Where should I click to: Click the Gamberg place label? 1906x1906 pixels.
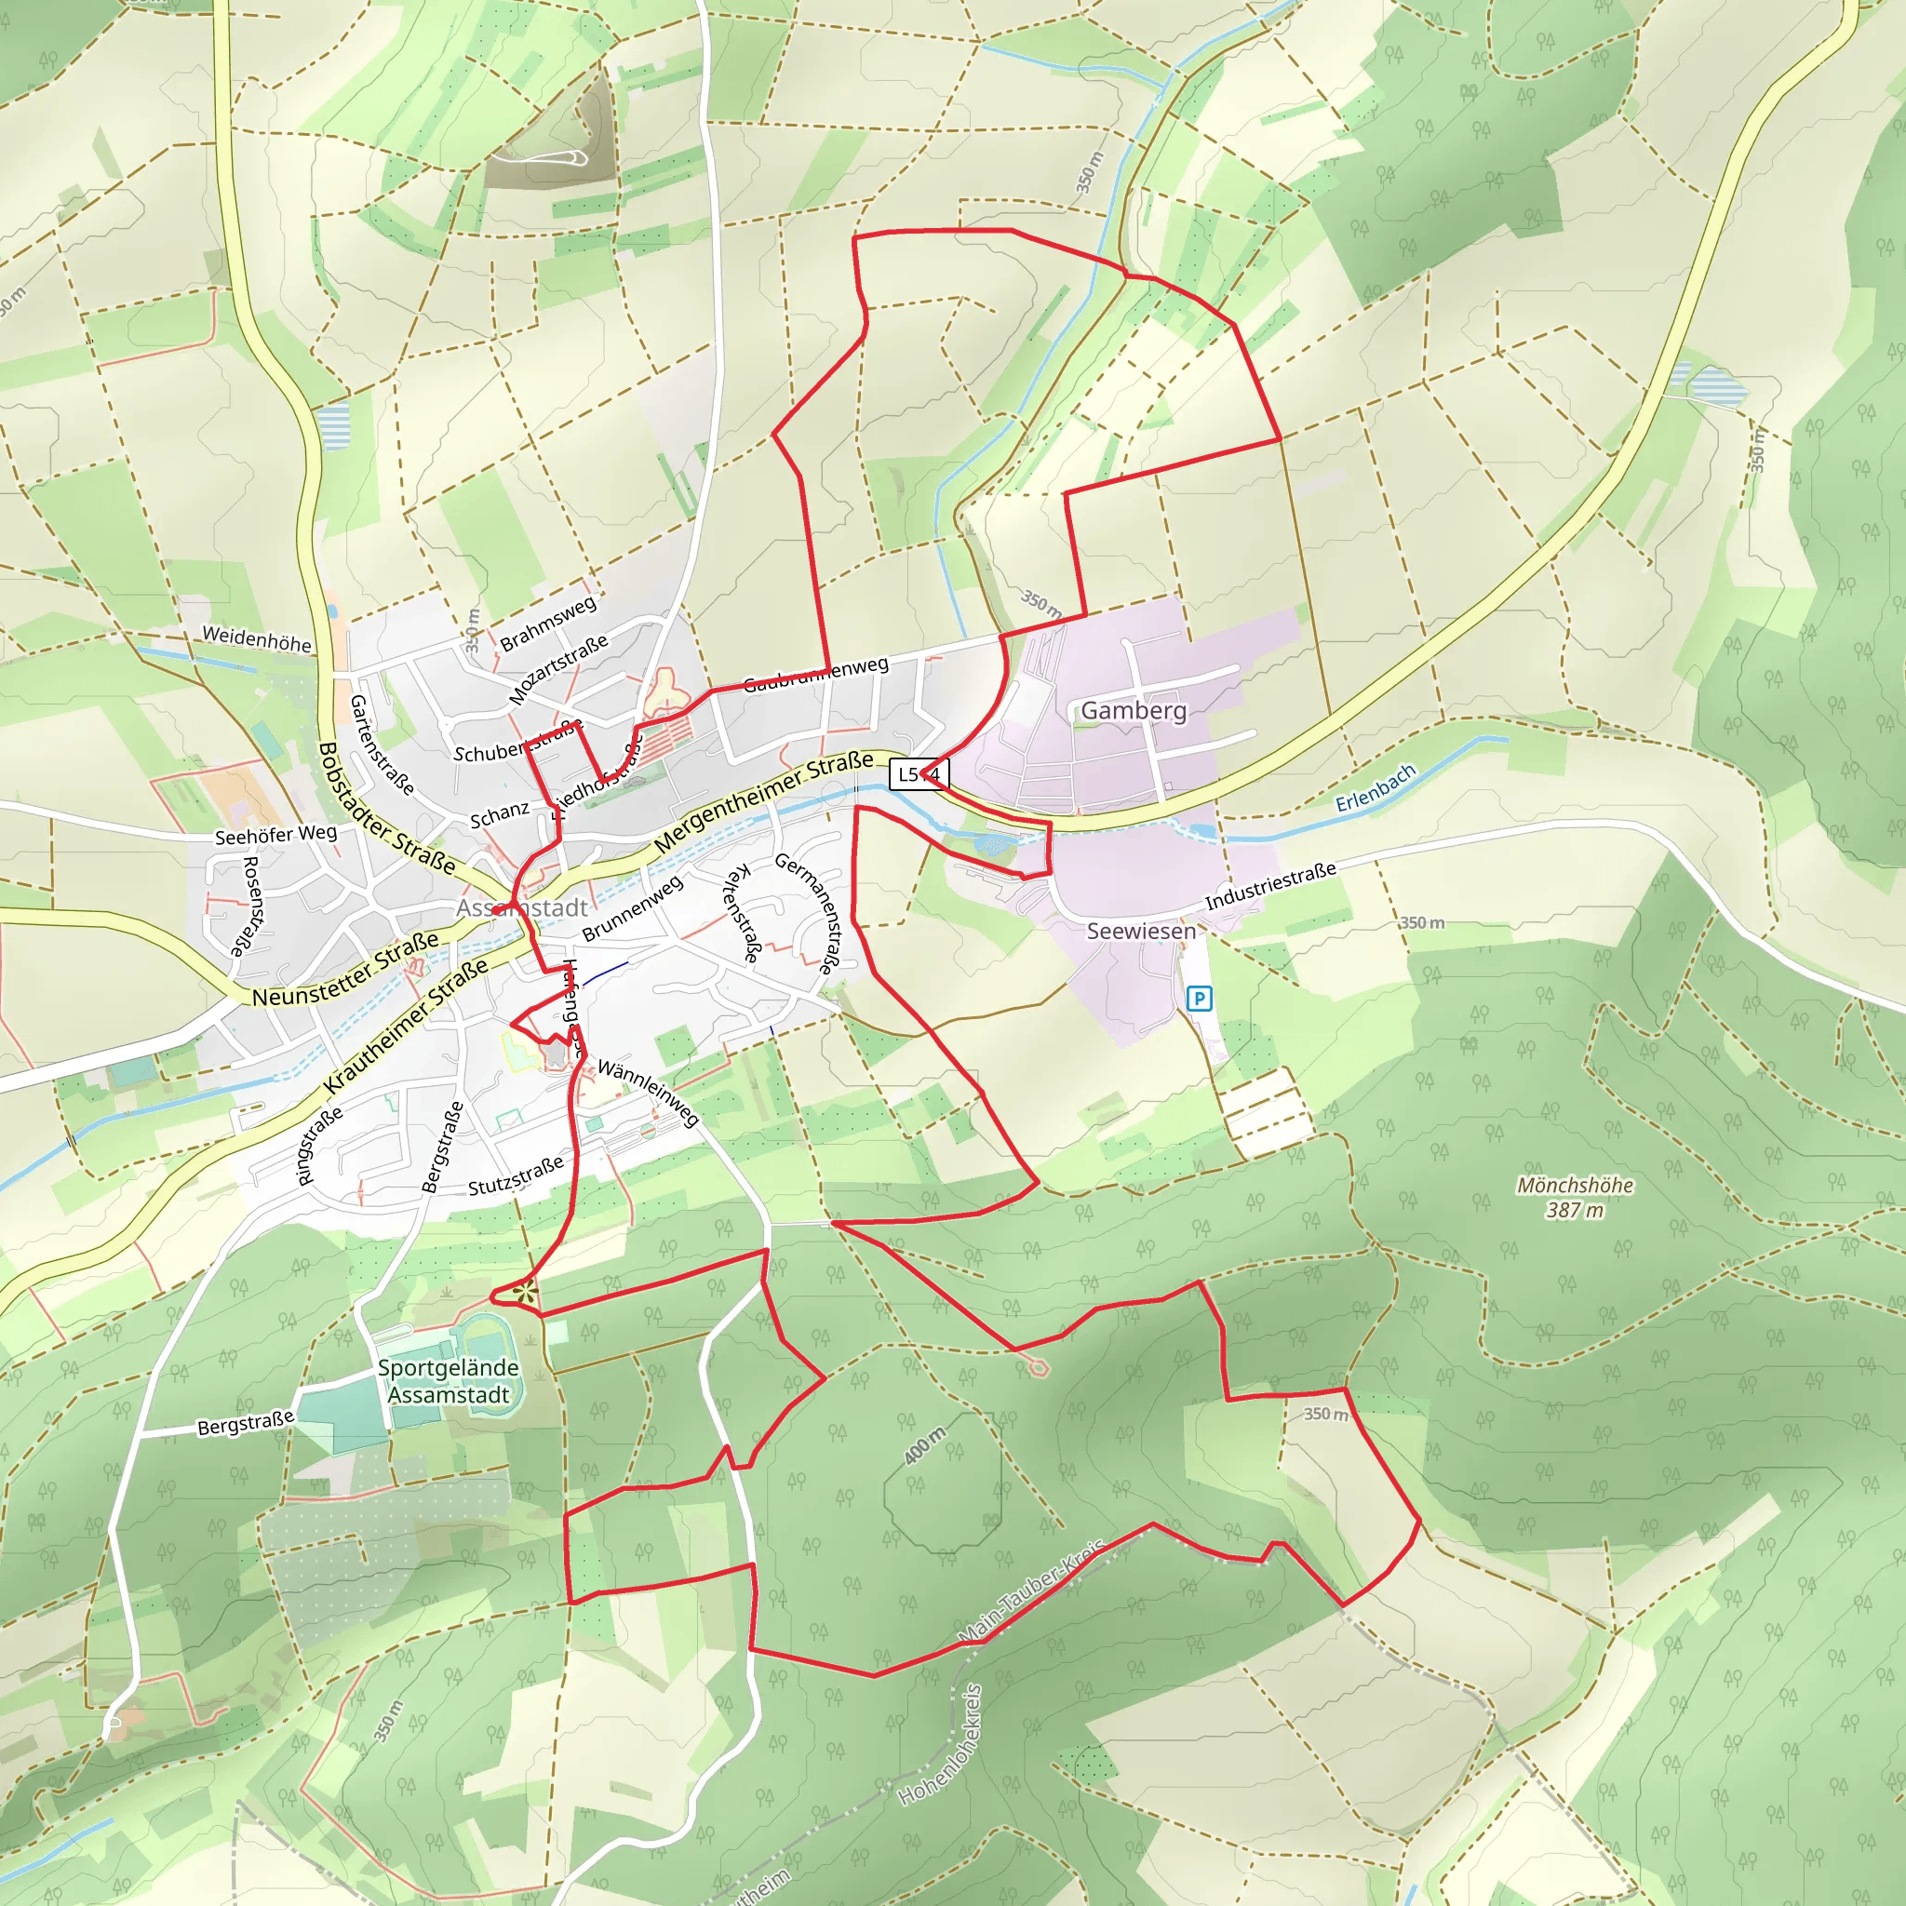click(1134, 710)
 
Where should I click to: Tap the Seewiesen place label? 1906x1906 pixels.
click(1140, 932)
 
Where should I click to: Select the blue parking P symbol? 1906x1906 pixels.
click(1199, 999)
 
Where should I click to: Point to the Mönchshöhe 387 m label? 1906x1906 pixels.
click(1575, 1197)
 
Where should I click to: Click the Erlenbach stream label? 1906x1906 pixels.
click(1376, 788)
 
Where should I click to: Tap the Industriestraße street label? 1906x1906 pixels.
click(1270, 885)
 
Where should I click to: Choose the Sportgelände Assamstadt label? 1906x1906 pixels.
click(449, 1381)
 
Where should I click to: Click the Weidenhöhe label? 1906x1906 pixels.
click(257, 639)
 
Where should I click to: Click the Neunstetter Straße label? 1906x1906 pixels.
click(345, 970)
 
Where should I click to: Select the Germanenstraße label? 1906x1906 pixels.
click(809, 913)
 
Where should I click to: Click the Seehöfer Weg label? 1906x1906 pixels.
click(276, 835)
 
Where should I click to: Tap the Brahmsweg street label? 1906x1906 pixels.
click(548, 623)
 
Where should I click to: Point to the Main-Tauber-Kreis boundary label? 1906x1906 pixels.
click(1032, 1591)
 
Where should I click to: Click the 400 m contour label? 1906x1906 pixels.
click(925, 1444)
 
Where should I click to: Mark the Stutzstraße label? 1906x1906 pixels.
click(516, 1174)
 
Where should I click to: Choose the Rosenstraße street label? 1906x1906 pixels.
click(251, 906)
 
